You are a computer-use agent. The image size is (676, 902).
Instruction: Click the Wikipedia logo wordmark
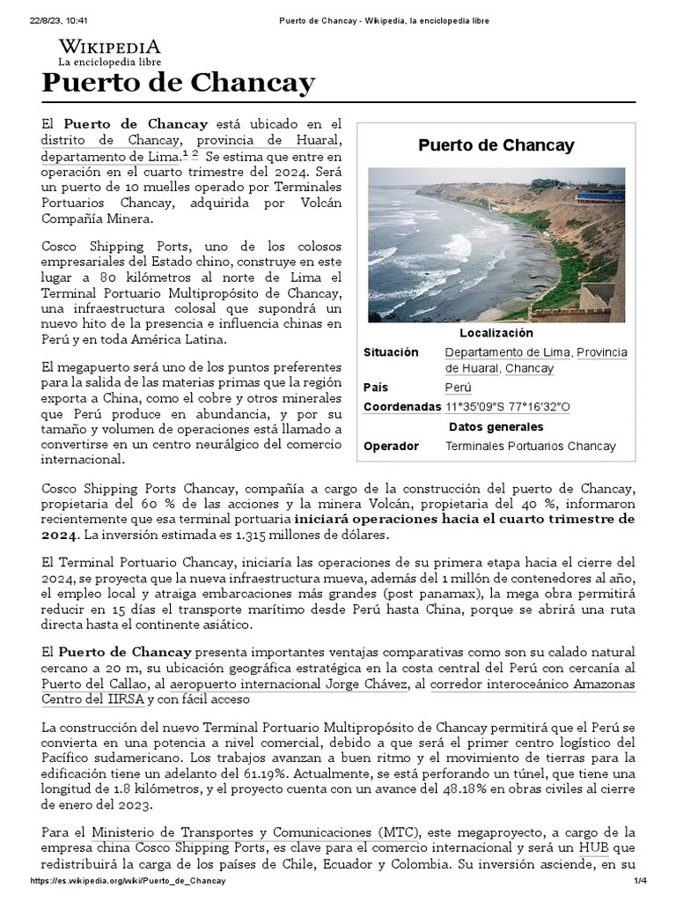(109, 48)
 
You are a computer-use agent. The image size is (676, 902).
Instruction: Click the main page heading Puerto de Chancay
(178, 84)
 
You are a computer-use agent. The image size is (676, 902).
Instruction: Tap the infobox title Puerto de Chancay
(496, 145)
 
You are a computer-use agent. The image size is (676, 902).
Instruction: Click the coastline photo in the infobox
(496, 244)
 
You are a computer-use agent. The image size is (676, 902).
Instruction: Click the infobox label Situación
(391, 352)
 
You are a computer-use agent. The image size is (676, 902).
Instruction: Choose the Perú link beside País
(458, 388)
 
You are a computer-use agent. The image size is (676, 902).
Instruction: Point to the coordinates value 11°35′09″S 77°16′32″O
(508, 407)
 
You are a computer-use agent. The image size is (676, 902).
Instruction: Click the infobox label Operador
(391, 446)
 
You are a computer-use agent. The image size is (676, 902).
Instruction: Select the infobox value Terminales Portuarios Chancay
(531, 446)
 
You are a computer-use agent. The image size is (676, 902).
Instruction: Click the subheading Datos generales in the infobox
(496, 426)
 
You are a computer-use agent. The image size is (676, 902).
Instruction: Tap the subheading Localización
(496, 333)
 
